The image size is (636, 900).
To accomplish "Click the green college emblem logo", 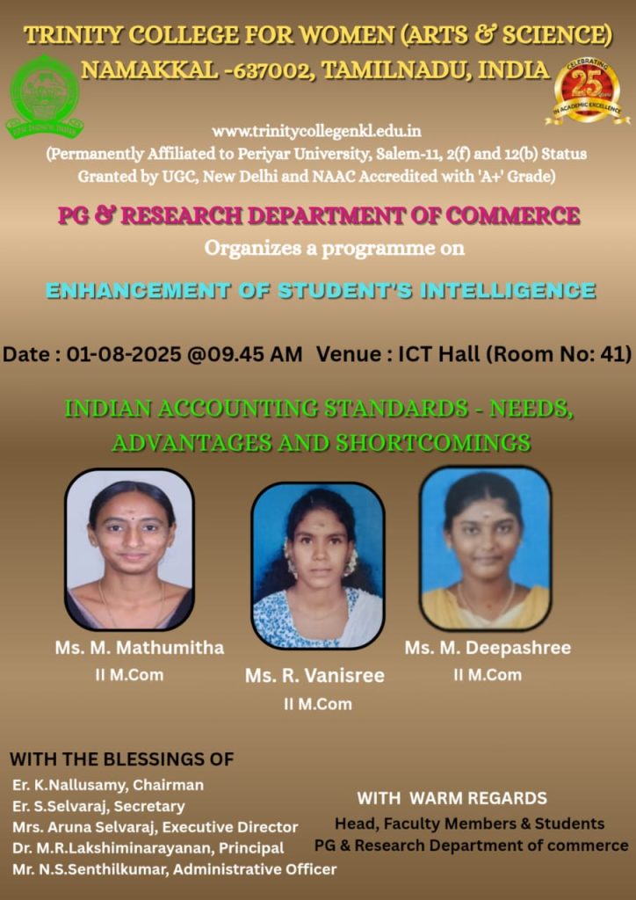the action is [x=44, y=96].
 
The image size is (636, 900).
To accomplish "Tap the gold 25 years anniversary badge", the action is [x=588, y=91].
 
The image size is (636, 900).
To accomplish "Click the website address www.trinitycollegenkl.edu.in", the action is [x=316, y=132].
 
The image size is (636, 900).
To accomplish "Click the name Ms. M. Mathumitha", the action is [x=140, y=648].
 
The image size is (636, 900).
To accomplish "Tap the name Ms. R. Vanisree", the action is [x=314, y=676].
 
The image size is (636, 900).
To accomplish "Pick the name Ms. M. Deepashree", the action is [x=488, y=648].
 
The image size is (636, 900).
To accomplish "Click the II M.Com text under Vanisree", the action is [x=318, y=704].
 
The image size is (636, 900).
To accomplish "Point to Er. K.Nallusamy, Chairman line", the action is [x=108, y=784].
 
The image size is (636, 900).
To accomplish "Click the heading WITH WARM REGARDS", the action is [x=452, y=798].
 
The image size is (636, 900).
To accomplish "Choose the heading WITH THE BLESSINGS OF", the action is [x=121, y=759].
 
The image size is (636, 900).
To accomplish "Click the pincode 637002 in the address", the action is [x=271, y=70].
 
